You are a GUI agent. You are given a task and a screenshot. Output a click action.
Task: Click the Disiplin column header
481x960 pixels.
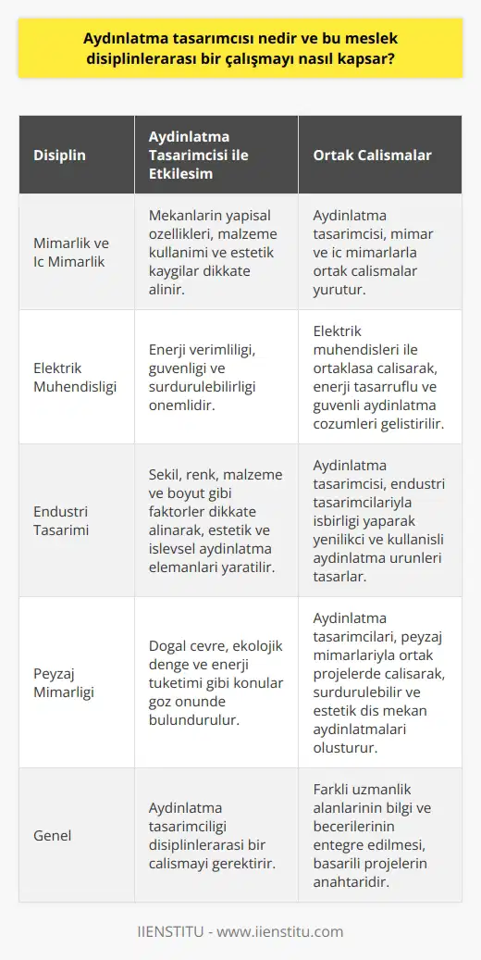(60, 156)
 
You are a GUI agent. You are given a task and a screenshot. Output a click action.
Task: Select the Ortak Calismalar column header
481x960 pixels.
(371, 156)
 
